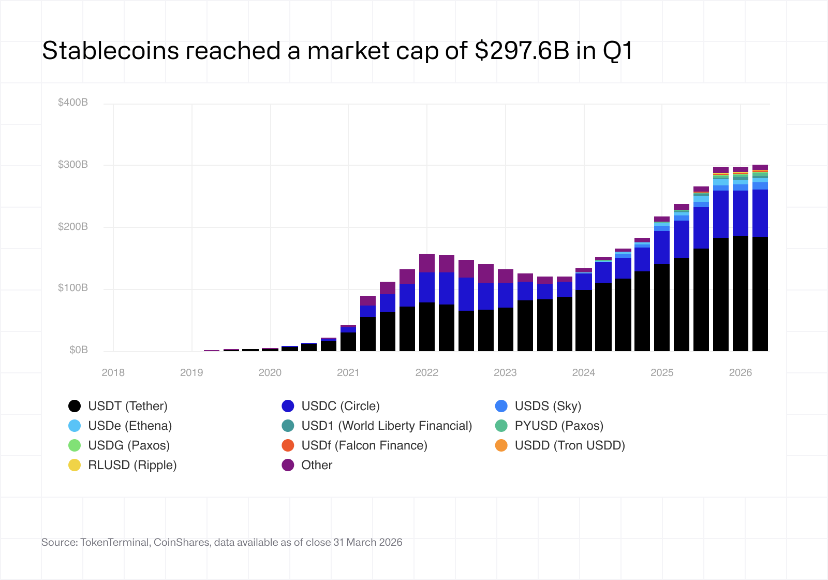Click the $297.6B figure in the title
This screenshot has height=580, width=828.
tap(522, 51)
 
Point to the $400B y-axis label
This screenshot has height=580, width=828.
tap(73, 103)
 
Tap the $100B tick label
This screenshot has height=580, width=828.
tap(73, 288)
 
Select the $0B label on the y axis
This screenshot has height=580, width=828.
tap(79, 350)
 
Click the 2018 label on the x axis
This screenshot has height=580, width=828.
tap(113, 372)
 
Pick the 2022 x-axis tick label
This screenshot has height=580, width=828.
tap(426, 372)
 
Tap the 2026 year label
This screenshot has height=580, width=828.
tap(740, 372)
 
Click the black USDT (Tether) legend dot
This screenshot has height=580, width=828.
tap(75, 406)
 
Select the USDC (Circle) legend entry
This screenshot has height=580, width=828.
tap(340, 406)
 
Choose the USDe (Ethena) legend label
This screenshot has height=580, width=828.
tap(129, 426)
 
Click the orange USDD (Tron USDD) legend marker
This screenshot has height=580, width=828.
tap(501, 445)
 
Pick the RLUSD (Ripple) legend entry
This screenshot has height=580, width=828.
tap(132, 465)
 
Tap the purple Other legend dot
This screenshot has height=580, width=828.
tap(288, 465)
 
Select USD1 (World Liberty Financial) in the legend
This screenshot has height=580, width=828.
tap(386, 426)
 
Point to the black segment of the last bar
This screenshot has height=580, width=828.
tap(760, 295)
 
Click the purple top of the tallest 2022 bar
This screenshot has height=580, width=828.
tap(426, 263)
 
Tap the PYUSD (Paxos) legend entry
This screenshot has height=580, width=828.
tap(558, 426)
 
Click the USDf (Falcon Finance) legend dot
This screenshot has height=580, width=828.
tap(288, 445)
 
